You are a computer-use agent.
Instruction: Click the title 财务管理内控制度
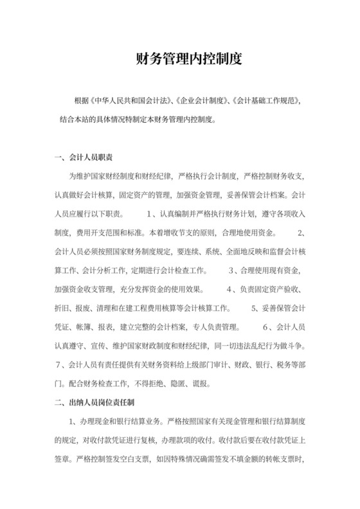(x=179, y=60)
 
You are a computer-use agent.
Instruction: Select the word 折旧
(x=62, y=308)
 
